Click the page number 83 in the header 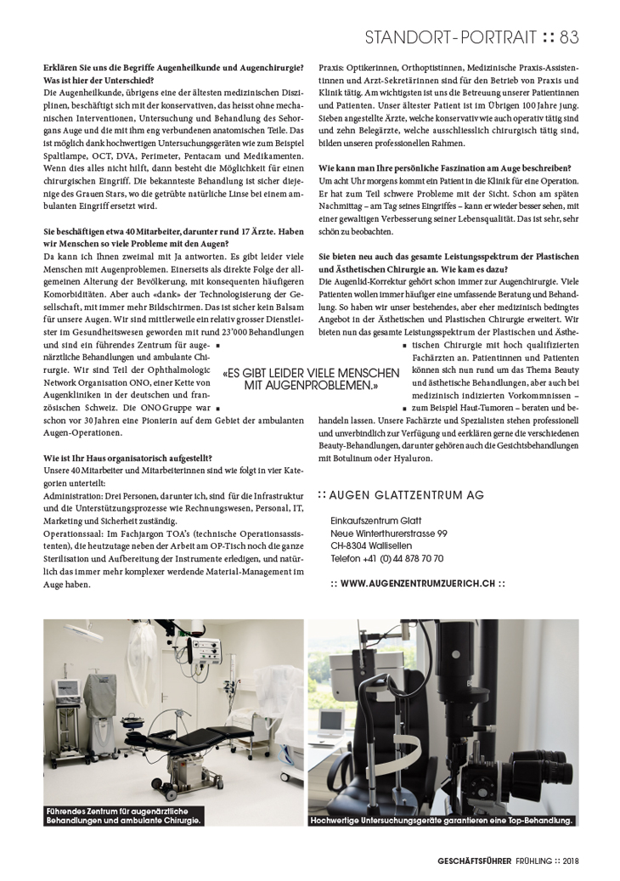coord(569,37)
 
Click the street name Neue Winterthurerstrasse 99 coord(389,533)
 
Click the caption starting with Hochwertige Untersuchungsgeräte coord(442,820)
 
